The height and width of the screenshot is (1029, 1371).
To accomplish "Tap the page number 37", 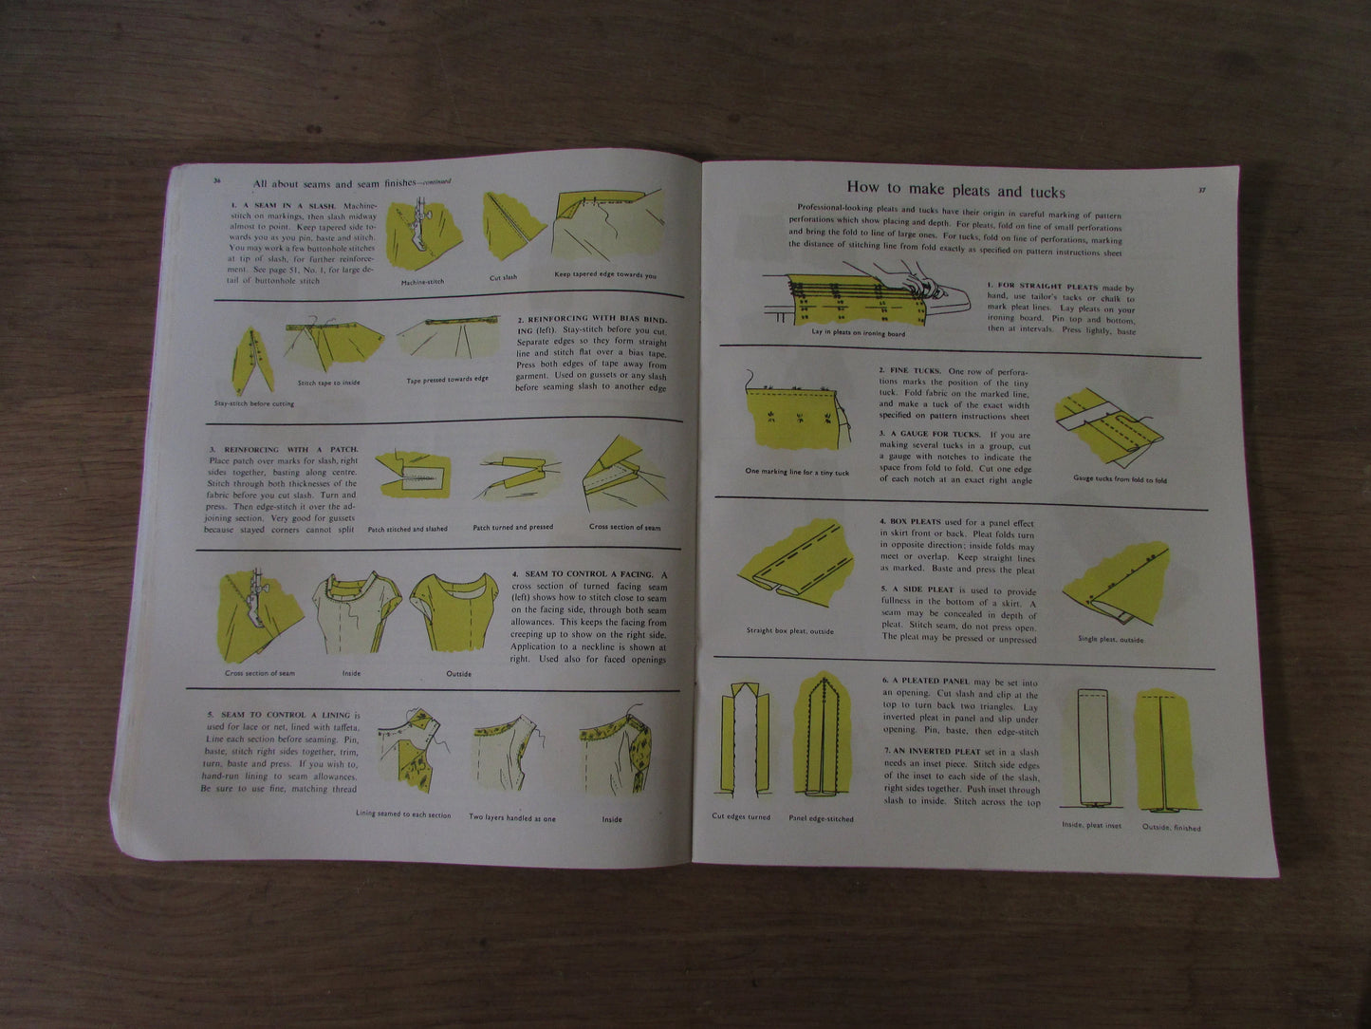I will pos(1201,190).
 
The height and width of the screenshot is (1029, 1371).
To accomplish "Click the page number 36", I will pos(216,179).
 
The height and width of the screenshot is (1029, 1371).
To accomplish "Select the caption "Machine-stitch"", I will pos(422,282).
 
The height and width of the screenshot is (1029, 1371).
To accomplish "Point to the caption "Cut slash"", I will pos(503,277).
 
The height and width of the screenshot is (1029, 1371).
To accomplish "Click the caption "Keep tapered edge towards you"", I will pos(604,275).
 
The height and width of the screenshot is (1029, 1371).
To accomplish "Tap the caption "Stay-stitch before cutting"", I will pos(253,403).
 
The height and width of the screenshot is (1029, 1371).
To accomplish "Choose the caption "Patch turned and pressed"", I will pos(512,528).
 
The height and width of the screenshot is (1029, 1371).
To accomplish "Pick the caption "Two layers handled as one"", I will pos(512,816).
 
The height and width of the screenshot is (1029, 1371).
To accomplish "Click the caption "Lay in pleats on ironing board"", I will pos(858,333).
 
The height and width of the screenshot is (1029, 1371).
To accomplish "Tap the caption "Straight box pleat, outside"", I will pos(789,630).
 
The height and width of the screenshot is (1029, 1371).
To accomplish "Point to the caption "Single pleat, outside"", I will pos(1110,640).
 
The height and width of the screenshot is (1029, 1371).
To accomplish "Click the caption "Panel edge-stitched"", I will pos(821,818).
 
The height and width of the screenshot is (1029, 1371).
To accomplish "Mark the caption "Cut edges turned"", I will pos(741,816).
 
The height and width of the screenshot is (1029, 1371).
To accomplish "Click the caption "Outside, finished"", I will pos(1172,828).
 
